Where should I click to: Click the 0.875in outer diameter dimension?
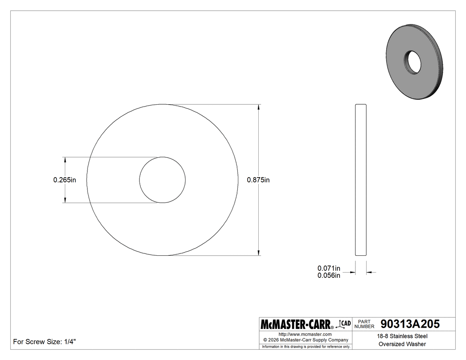click(258, 180)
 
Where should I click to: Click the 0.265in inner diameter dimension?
click(65, 180)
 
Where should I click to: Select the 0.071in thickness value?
click(328, 268)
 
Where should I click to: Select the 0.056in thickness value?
click(328, 276)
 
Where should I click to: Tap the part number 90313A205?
click(410, 324)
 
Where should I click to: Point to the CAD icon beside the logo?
click(344, 324)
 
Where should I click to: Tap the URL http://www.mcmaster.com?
click(305, 334)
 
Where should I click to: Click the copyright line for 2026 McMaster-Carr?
click(305, 340)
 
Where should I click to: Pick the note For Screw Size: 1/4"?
click(45, 342)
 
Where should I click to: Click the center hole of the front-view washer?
click(162, 180)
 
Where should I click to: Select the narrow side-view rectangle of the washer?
click(361, 180)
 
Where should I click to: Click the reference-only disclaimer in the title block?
click(305, 346)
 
